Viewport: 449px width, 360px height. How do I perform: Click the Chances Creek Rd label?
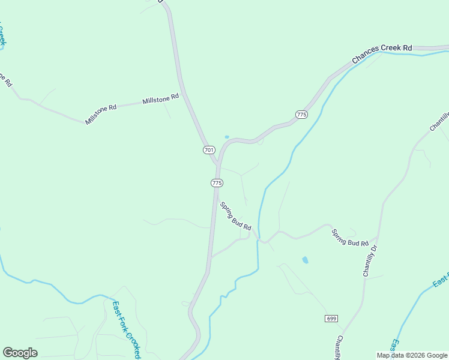pyautogui.click(x=382, y=53)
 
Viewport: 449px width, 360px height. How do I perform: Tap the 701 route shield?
pyautogui.click(x=208, y=149)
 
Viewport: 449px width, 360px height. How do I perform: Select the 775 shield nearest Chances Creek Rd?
pyautogui.click(x=301, y=114)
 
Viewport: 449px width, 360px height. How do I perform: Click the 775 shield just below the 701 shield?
pyautogui.click(x=217, y=182)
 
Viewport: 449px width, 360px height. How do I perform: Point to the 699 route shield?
pyautogui.click(x=331, y=318)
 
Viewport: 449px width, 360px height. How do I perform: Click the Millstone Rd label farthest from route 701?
pyautogui.click(x=101, y=114)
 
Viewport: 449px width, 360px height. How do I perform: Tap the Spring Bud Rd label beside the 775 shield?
pyautogui.click(x=235, y=216)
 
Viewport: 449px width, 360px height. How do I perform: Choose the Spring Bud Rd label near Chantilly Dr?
pyautogui.click(x=349, y=238)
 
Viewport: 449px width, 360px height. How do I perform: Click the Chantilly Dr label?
pyautogui.click(x=369, y=260)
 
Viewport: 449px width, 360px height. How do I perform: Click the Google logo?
pyautogui.click(x=20, y=353)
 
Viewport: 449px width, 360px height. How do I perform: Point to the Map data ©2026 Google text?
pyautogui.click(x=412, y=355)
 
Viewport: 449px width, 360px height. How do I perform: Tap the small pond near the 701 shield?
pyautogui.click(x=226, y=137)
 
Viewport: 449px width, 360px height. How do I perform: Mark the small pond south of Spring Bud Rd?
pyautogui.click(x=306, y=260)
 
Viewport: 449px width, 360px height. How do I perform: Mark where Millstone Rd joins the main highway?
pyautogui.click(x=183, y=92)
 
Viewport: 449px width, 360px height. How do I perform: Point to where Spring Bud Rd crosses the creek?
pyautogui.click(x=259, y=239)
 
